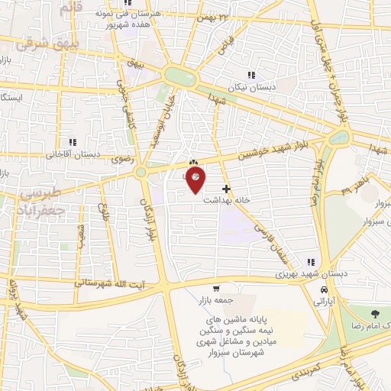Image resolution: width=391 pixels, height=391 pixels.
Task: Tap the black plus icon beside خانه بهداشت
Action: pyautogui.click(x=225, y=189)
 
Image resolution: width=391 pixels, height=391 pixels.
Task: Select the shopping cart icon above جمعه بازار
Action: pyautogui.click(x=217, y=289)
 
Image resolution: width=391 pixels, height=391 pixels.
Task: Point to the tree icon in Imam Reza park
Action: pyautogui.click(x=374, y=315)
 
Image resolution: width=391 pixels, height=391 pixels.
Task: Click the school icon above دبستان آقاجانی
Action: pyautogui.click(x=73, y=142)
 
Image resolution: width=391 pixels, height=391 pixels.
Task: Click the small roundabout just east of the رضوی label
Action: pyautogui.click(x=141, y=173)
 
